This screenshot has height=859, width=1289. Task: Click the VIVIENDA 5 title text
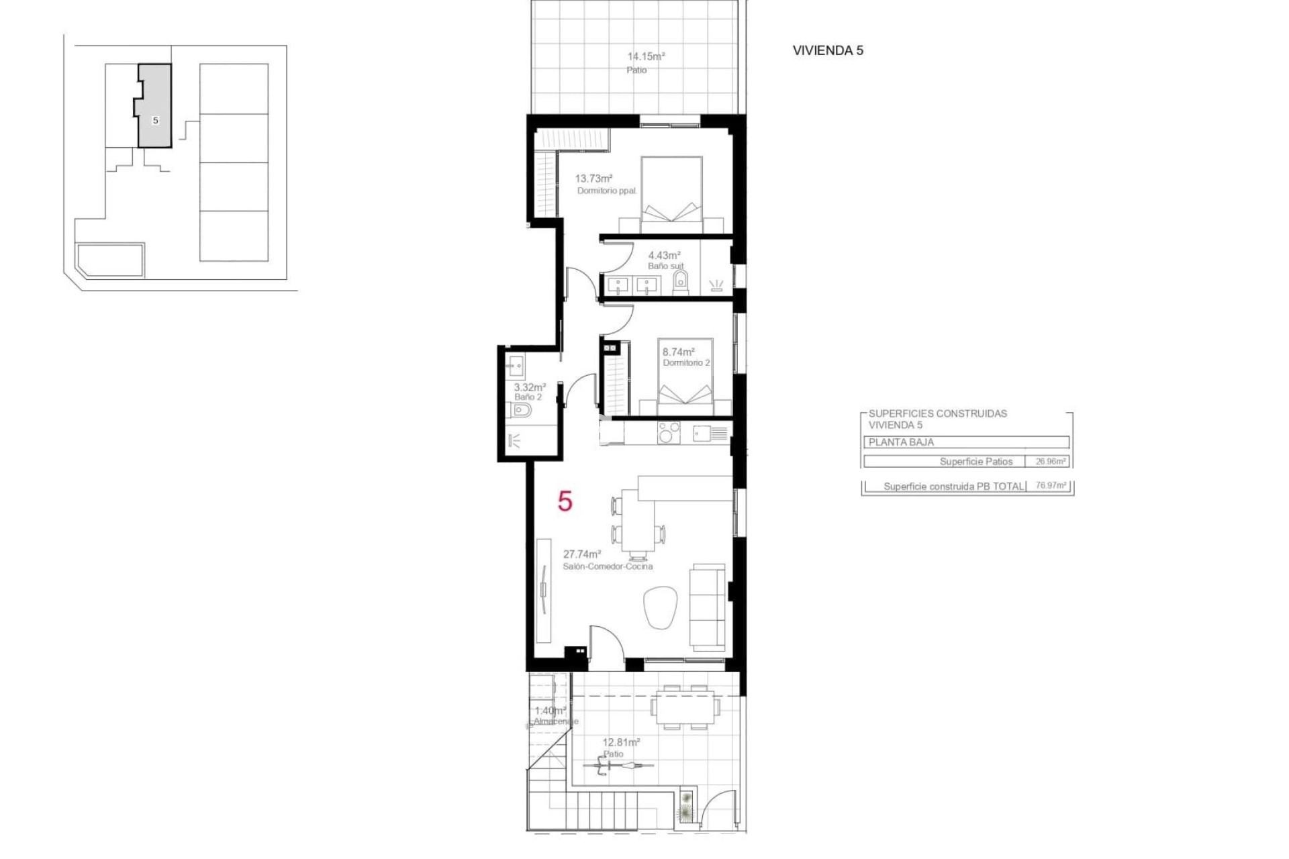click(x=827, y=50)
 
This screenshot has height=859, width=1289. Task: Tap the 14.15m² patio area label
click(x=646, y=57)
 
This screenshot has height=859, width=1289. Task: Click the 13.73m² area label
click(x=593, y=179)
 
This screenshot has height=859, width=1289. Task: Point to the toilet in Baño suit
click(x=680, y=282)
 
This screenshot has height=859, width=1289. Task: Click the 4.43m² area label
click(x=664, y=255)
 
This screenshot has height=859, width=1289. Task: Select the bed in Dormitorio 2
click(x=685, y=379)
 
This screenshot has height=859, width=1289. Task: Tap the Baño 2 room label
click(x=528, y=397)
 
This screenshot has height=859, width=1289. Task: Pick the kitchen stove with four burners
click(x=669, y=432)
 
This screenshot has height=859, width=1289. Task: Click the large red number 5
click(x=565, y=501)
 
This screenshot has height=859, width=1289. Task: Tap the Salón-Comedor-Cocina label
click(x=608, y=566)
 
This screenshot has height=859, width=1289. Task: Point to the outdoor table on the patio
click(x=685, y=707)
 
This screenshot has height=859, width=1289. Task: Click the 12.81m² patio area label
click(x=621, y=742)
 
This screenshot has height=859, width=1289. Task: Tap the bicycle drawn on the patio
click(x=617, y=766)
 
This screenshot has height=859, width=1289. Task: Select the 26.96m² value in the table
click(x=1050, y=462)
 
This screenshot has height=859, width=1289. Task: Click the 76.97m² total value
click(x=1051, y=486)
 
